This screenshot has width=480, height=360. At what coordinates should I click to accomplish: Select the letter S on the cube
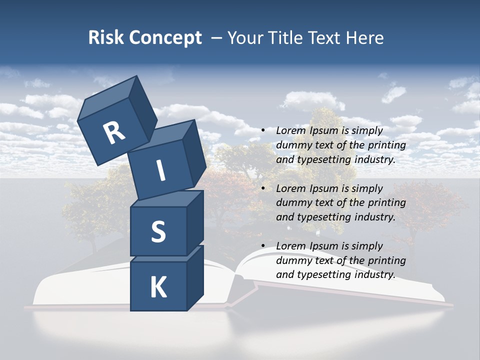click(158, 232)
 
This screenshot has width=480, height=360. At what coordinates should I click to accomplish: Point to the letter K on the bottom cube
click(158, 287)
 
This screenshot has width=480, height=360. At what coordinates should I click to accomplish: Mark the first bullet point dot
click(263, 130)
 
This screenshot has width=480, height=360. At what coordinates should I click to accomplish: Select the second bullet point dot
click(263, 188)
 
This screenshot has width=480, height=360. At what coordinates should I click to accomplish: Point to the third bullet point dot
click(263, 246)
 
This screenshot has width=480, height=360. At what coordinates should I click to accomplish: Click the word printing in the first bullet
click(386, 145)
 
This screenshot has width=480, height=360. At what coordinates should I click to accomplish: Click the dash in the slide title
click(217, 38)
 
